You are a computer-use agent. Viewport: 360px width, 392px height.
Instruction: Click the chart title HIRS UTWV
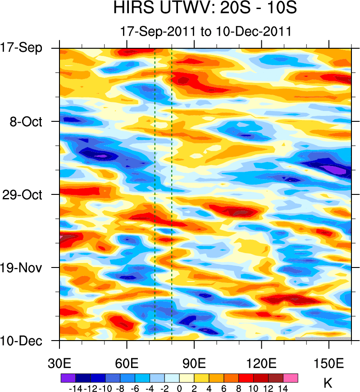205,9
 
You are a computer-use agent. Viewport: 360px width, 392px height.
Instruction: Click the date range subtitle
205,32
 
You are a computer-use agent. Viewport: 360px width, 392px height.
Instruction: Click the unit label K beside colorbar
328,383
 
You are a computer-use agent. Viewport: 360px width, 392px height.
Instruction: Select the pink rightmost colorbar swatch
291,378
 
